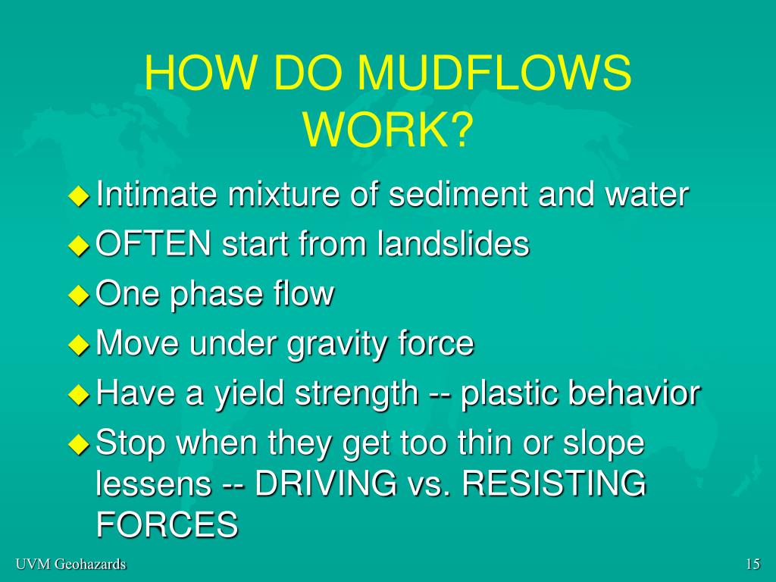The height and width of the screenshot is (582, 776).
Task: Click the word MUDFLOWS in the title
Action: pos(494,73)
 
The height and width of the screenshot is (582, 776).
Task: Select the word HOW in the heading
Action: pos(201,73)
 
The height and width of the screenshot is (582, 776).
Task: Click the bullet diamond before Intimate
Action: pos(79,196)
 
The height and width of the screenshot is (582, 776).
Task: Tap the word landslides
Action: pos(452,243)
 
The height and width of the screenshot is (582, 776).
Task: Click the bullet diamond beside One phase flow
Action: pos(79,296)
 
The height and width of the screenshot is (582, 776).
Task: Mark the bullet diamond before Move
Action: pos(79,345)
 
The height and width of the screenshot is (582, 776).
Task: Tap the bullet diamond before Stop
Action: pos(79,444)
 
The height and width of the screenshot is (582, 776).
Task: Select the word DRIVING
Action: pos(326,483)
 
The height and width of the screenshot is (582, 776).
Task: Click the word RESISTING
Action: pos(554,483)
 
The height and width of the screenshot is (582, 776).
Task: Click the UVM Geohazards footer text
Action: pos(70,564)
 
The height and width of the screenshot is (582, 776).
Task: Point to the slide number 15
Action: pos(753,564)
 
